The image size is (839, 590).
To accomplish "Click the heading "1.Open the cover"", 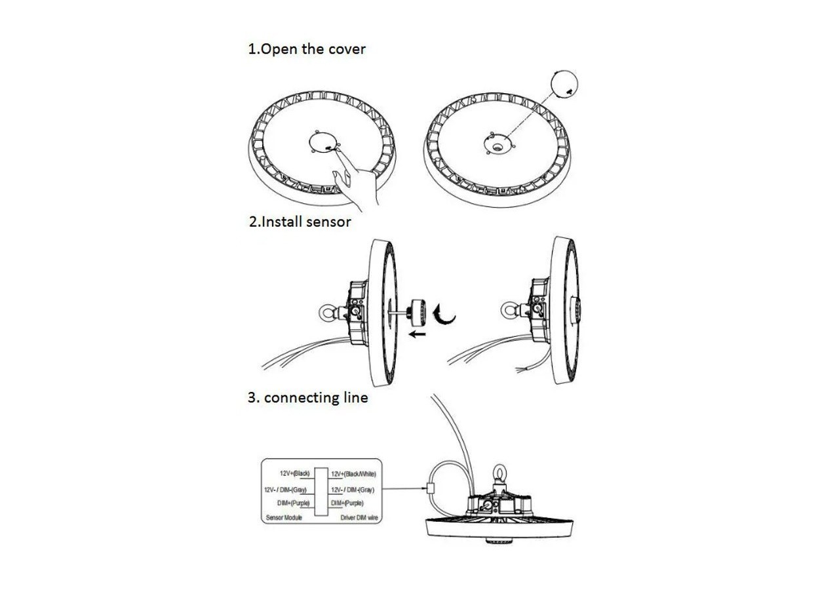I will click(x=306, y=49).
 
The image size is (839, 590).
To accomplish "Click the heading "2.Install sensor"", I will click(x=300, y=222).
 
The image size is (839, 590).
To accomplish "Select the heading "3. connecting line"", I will click(x=307, y=397).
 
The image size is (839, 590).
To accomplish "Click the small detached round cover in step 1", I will click(x=564, y=84).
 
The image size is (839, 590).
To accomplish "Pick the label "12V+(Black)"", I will click(x=295, y=473).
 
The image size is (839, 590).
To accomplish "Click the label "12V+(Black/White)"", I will click(x=353, y=473).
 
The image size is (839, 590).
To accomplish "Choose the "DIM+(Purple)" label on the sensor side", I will click(x=294, y=503).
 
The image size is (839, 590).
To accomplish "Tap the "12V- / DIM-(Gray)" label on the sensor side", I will click(x=285, y=489).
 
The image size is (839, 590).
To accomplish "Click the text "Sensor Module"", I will click(x=285, y=518).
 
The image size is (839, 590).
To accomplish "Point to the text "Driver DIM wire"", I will click(x=359, y=518).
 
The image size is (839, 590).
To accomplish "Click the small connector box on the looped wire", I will click(x=430, y=488).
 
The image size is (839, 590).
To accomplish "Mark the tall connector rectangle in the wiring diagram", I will click(x=321, y=492).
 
